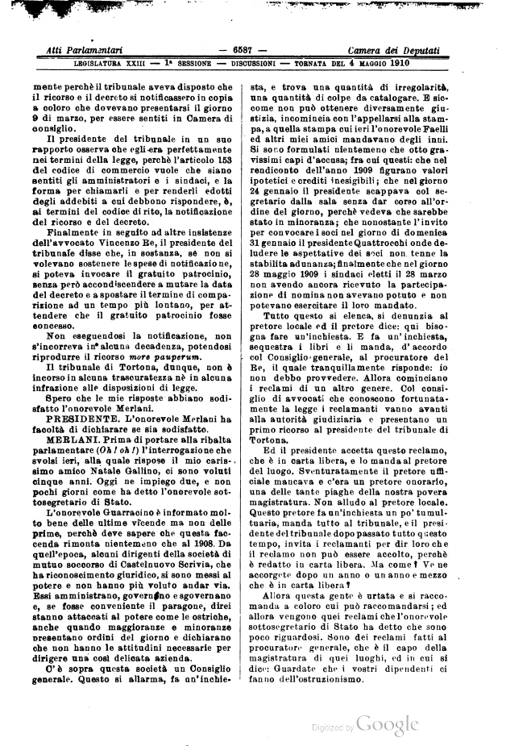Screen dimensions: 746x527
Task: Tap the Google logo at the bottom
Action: click(x=388, y=724)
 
